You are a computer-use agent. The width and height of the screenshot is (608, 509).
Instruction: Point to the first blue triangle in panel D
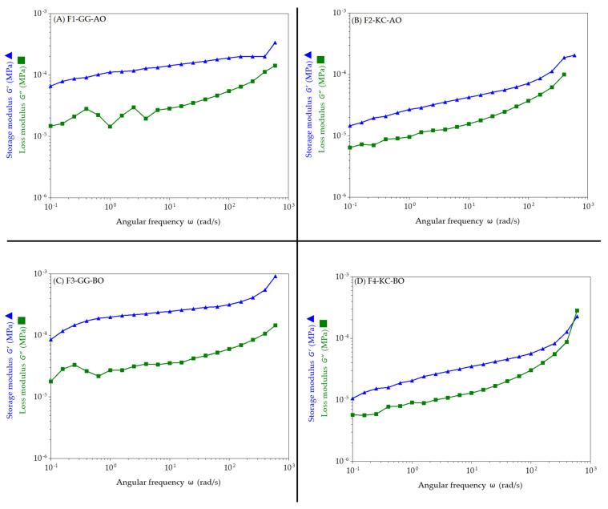point(352,398)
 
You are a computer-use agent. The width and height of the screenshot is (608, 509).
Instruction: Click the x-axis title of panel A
point(169,220)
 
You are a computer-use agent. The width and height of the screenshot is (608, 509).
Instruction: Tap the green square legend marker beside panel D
point(323,323)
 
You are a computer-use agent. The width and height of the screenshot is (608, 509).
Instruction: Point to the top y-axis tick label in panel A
point(38,14)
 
